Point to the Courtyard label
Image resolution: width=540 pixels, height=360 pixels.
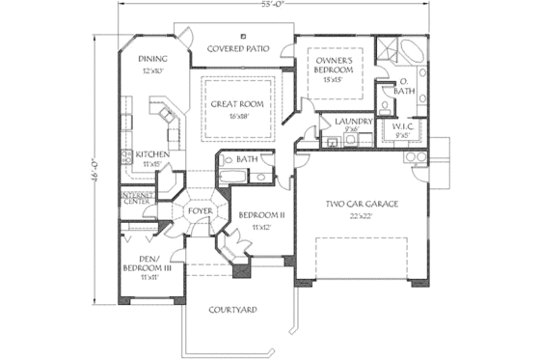[x=234, y=310]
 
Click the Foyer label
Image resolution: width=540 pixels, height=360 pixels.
[x=200, y=208]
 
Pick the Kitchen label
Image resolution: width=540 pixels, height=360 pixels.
[x=153, y=154]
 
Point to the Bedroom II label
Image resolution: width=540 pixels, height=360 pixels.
[x=258, y=215]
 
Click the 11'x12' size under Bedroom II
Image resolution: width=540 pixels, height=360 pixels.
[x=258, y=227]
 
